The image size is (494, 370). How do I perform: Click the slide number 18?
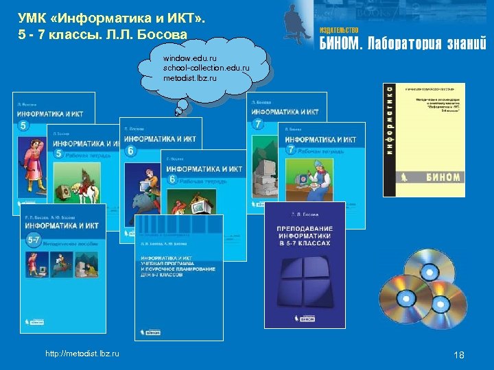tap(459, 354)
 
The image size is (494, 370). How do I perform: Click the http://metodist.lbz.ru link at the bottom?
tap(82, 353)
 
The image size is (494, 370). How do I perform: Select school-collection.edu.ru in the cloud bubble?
tap(206, 69)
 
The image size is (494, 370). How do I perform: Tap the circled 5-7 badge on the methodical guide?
tap(33, 239)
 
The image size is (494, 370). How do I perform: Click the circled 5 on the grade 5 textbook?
tap(24, 126)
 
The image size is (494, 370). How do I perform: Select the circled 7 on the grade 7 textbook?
tap(258, 124)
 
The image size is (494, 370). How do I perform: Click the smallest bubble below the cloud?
tap(177, 112)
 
